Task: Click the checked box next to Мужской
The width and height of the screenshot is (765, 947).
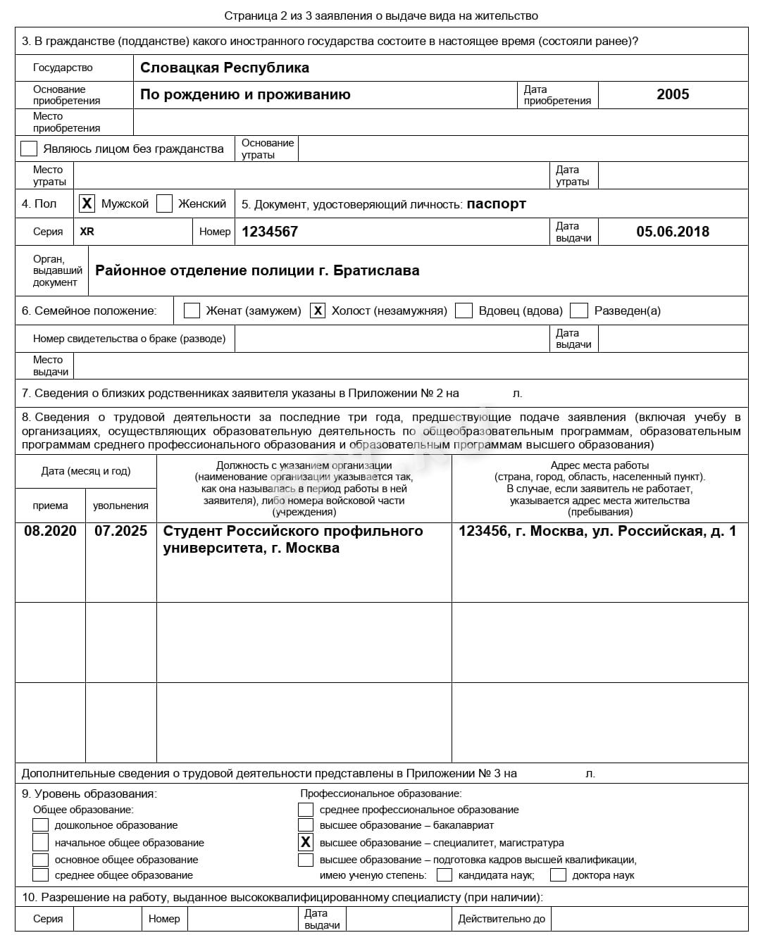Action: pos(87,203)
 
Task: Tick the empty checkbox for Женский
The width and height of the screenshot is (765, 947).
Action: pos(164,203)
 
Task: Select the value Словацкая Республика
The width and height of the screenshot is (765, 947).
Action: pos(224,68)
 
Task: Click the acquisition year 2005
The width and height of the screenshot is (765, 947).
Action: pos(673,94)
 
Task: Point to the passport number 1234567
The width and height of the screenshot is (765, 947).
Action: pos(270,232)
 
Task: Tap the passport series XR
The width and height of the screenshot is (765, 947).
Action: pos(87,232)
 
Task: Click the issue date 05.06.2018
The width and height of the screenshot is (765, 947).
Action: pos(673,232)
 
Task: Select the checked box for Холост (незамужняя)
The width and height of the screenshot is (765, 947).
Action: pos(318,311)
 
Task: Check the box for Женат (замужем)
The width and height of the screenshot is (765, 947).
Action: pos(192,311)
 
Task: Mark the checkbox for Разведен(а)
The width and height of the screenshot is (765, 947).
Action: pos(579,311)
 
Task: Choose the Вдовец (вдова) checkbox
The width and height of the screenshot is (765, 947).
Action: pos(464,311)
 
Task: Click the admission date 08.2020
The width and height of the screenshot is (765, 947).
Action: pos(50,531)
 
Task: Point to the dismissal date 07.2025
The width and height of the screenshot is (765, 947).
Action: pos(120,531)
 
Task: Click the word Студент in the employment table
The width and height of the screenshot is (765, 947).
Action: pos(192,531)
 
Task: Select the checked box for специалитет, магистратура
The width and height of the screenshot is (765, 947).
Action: pos(306,842)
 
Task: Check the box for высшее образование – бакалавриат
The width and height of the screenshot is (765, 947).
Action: pos(306,825)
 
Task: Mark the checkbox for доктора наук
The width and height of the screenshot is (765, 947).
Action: pos(558,875)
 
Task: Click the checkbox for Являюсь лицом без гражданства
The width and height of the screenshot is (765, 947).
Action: pos(29,149)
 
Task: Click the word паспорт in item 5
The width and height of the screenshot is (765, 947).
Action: pos(496,204)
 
